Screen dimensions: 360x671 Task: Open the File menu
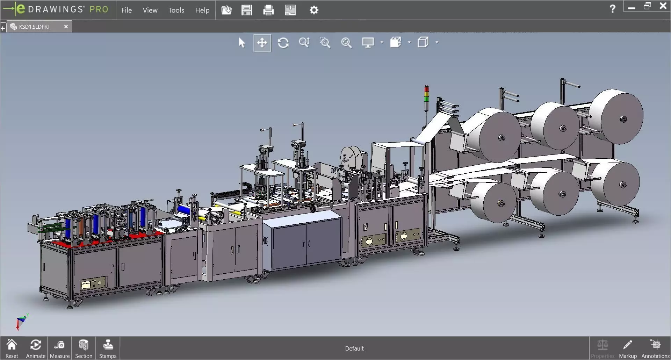coord(126,10)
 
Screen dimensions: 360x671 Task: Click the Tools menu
coord(176,10)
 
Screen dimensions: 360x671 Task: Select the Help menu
coord(202,10)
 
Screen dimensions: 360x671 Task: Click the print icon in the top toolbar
coord(268,10)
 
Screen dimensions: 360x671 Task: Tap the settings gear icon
coord(314,10)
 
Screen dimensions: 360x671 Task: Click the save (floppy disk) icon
coord(246,10)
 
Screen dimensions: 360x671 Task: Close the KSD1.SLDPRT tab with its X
coord(66,27)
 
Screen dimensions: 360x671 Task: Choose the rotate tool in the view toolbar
coord(283,43)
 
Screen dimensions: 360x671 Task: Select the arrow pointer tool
coord(241,43)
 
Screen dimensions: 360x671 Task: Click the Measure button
coord(59,348)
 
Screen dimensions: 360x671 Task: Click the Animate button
coord(36,348)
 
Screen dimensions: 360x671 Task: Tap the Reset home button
coord(12,348)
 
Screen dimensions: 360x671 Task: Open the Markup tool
coord(628,348)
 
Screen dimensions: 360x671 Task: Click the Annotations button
coord(655,348)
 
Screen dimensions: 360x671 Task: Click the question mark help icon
coord(612,9)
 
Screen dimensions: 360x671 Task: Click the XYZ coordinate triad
coord(21,322)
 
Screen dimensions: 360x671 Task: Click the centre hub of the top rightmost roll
coord(623,120)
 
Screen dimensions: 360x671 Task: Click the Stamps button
coord(108,348)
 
